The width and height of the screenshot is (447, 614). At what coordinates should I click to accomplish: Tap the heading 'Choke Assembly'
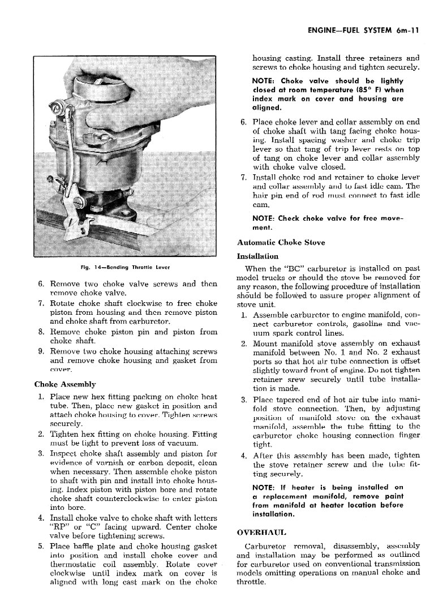click(65, 384)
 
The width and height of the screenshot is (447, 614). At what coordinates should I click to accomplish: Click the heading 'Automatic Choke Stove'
click(281, 243)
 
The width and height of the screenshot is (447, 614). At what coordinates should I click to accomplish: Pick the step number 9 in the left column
click(42, 351)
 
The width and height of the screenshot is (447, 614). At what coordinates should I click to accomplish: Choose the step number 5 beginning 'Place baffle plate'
click(42, 546)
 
